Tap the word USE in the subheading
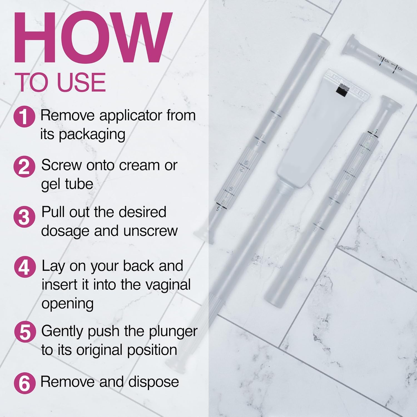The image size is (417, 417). (81, 82)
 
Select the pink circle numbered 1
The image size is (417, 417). (24, 116)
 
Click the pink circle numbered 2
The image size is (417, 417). (24, 167)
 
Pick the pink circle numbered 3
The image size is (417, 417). (24, 217)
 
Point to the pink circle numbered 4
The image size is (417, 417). (25, 267)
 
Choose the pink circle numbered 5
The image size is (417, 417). (25, 332)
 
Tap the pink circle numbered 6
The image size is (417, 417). (25, 383)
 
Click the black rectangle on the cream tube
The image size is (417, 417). (342, 91)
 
